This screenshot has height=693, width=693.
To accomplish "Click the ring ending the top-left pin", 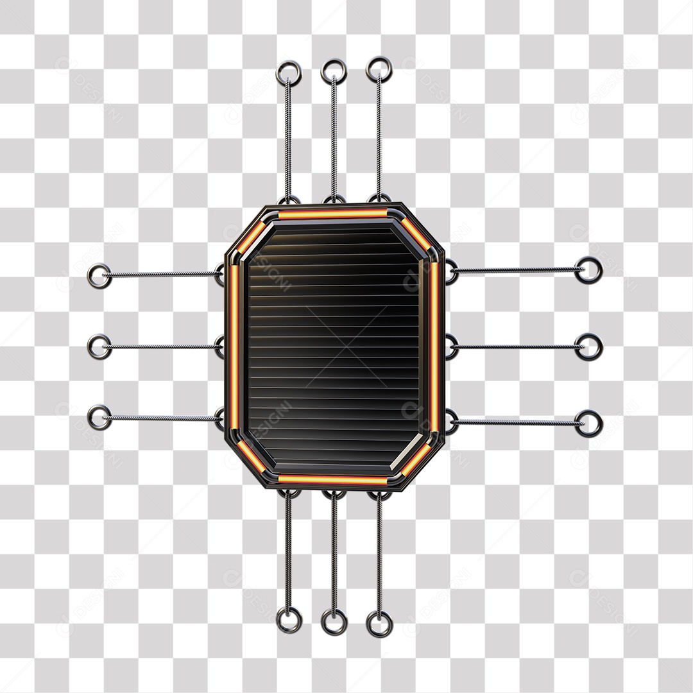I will (289, 73).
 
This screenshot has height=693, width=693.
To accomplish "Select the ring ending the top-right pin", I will (379, 69).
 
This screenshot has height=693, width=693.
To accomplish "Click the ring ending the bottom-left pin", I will (289, 619).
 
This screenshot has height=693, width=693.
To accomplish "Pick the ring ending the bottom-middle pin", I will (334, 622).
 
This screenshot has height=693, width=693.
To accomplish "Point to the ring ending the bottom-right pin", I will (379, 624).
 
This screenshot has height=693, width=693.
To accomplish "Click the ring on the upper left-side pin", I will (99, 277).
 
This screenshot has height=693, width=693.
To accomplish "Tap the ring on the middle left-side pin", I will (99, 346).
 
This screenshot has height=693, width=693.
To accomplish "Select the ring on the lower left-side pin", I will (99, 417).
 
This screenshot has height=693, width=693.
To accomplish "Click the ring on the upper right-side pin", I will (588, 270).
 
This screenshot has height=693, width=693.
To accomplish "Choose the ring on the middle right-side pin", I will (588, 346).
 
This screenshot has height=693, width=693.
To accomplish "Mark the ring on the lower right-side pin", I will (588, 424).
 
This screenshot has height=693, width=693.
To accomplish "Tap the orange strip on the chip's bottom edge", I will (332, 479).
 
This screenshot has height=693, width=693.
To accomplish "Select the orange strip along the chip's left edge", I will (234, 346).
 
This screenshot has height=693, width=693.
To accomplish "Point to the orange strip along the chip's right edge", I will (434, 346).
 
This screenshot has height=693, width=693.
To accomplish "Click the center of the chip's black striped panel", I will (334, 346).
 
